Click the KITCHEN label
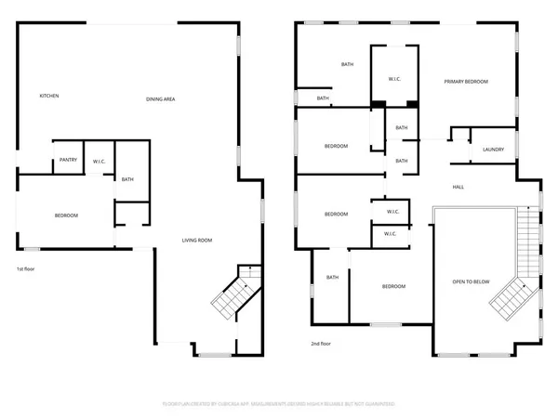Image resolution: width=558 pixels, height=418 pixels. tap(49, 96)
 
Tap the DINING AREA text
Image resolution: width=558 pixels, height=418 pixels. tap(161, 99)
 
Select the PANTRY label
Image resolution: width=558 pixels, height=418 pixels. tap(67, 161)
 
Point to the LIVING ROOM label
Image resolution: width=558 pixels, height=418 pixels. tap(196, 241)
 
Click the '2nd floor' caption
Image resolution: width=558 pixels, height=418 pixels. tap(322, 344)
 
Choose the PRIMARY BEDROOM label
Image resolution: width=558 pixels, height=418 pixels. tap(465, 82)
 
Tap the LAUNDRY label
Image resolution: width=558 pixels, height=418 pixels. tap(493, 150)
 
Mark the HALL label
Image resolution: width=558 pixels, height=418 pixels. tap(458, 187)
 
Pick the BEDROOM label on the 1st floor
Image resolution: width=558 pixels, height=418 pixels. tap(66, 216)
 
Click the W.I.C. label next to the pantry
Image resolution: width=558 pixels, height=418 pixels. tap(99, 162)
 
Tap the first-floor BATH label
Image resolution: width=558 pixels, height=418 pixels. tap(128, 179)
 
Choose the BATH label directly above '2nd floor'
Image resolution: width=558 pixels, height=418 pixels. tap(332, 277)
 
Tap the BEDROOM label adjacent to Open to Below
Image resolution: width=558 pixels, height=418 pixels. tap(393, 286)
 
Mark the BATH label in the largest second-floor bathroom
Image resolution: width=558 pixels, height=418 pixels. tap(347, 64)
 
